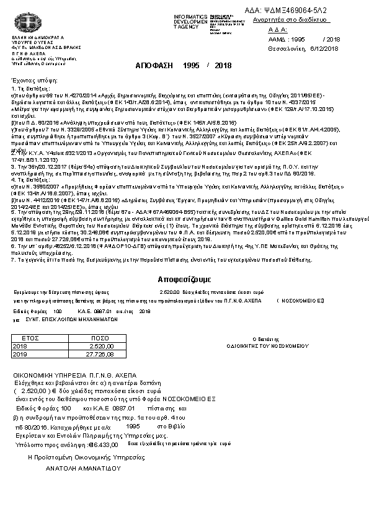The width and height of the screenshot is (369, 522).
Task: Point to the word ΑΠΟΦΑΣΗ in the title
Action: (x=151, y=66)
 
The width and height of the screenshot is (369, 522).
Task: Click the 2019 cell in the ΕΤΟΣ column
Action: (x=20, y=354)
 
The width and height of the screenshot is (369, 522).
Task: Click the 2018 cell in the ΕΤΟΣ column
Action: (x=20, y=347)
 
